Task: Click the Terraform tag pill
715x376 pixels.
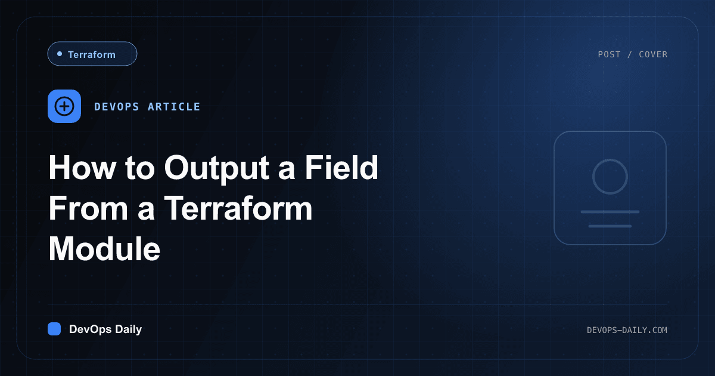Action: tap(92, 54)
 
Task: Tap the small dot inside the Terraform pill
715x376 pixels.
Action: tap(60, 54)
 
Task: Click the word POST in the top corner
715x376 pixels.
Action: tap(609, 54)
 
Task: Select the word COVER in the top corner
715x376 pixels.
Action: tap(653, 54)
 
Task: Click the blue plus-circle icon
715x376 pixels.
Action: tap(64, 106)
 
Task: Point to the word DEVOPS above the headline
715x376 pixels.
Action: tap(117, 107)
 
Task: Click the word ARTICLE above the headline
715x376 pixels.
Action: tap(174, 107)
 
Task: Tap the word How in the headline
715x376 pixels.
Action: tap(83, 168)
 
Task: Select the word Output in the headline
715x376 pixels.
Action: tap(217, 169)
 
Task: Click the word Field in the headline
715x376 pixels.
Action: tap(341, 167)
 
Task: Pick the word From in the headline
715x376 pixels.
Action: tap(88, 208)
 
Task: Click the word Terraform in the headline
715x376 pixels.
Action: tap(238, 208)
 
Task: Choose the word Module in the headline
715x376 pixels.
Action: tap(104, 249)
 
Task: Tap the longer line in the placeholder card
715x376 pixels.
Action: tap(610, 212)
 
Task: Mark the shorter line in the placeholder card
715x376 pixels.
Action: tap(610, 226)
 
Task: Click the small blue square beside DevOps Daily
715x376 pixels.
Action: tap(54, 329)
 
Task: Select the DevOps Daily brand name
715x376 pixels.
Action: tap(105, 329)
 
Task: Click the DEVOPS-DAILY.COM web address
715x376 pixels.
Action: tap(627, 330)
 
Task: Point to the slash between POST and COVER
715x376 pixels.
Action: tap(629, 54)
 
